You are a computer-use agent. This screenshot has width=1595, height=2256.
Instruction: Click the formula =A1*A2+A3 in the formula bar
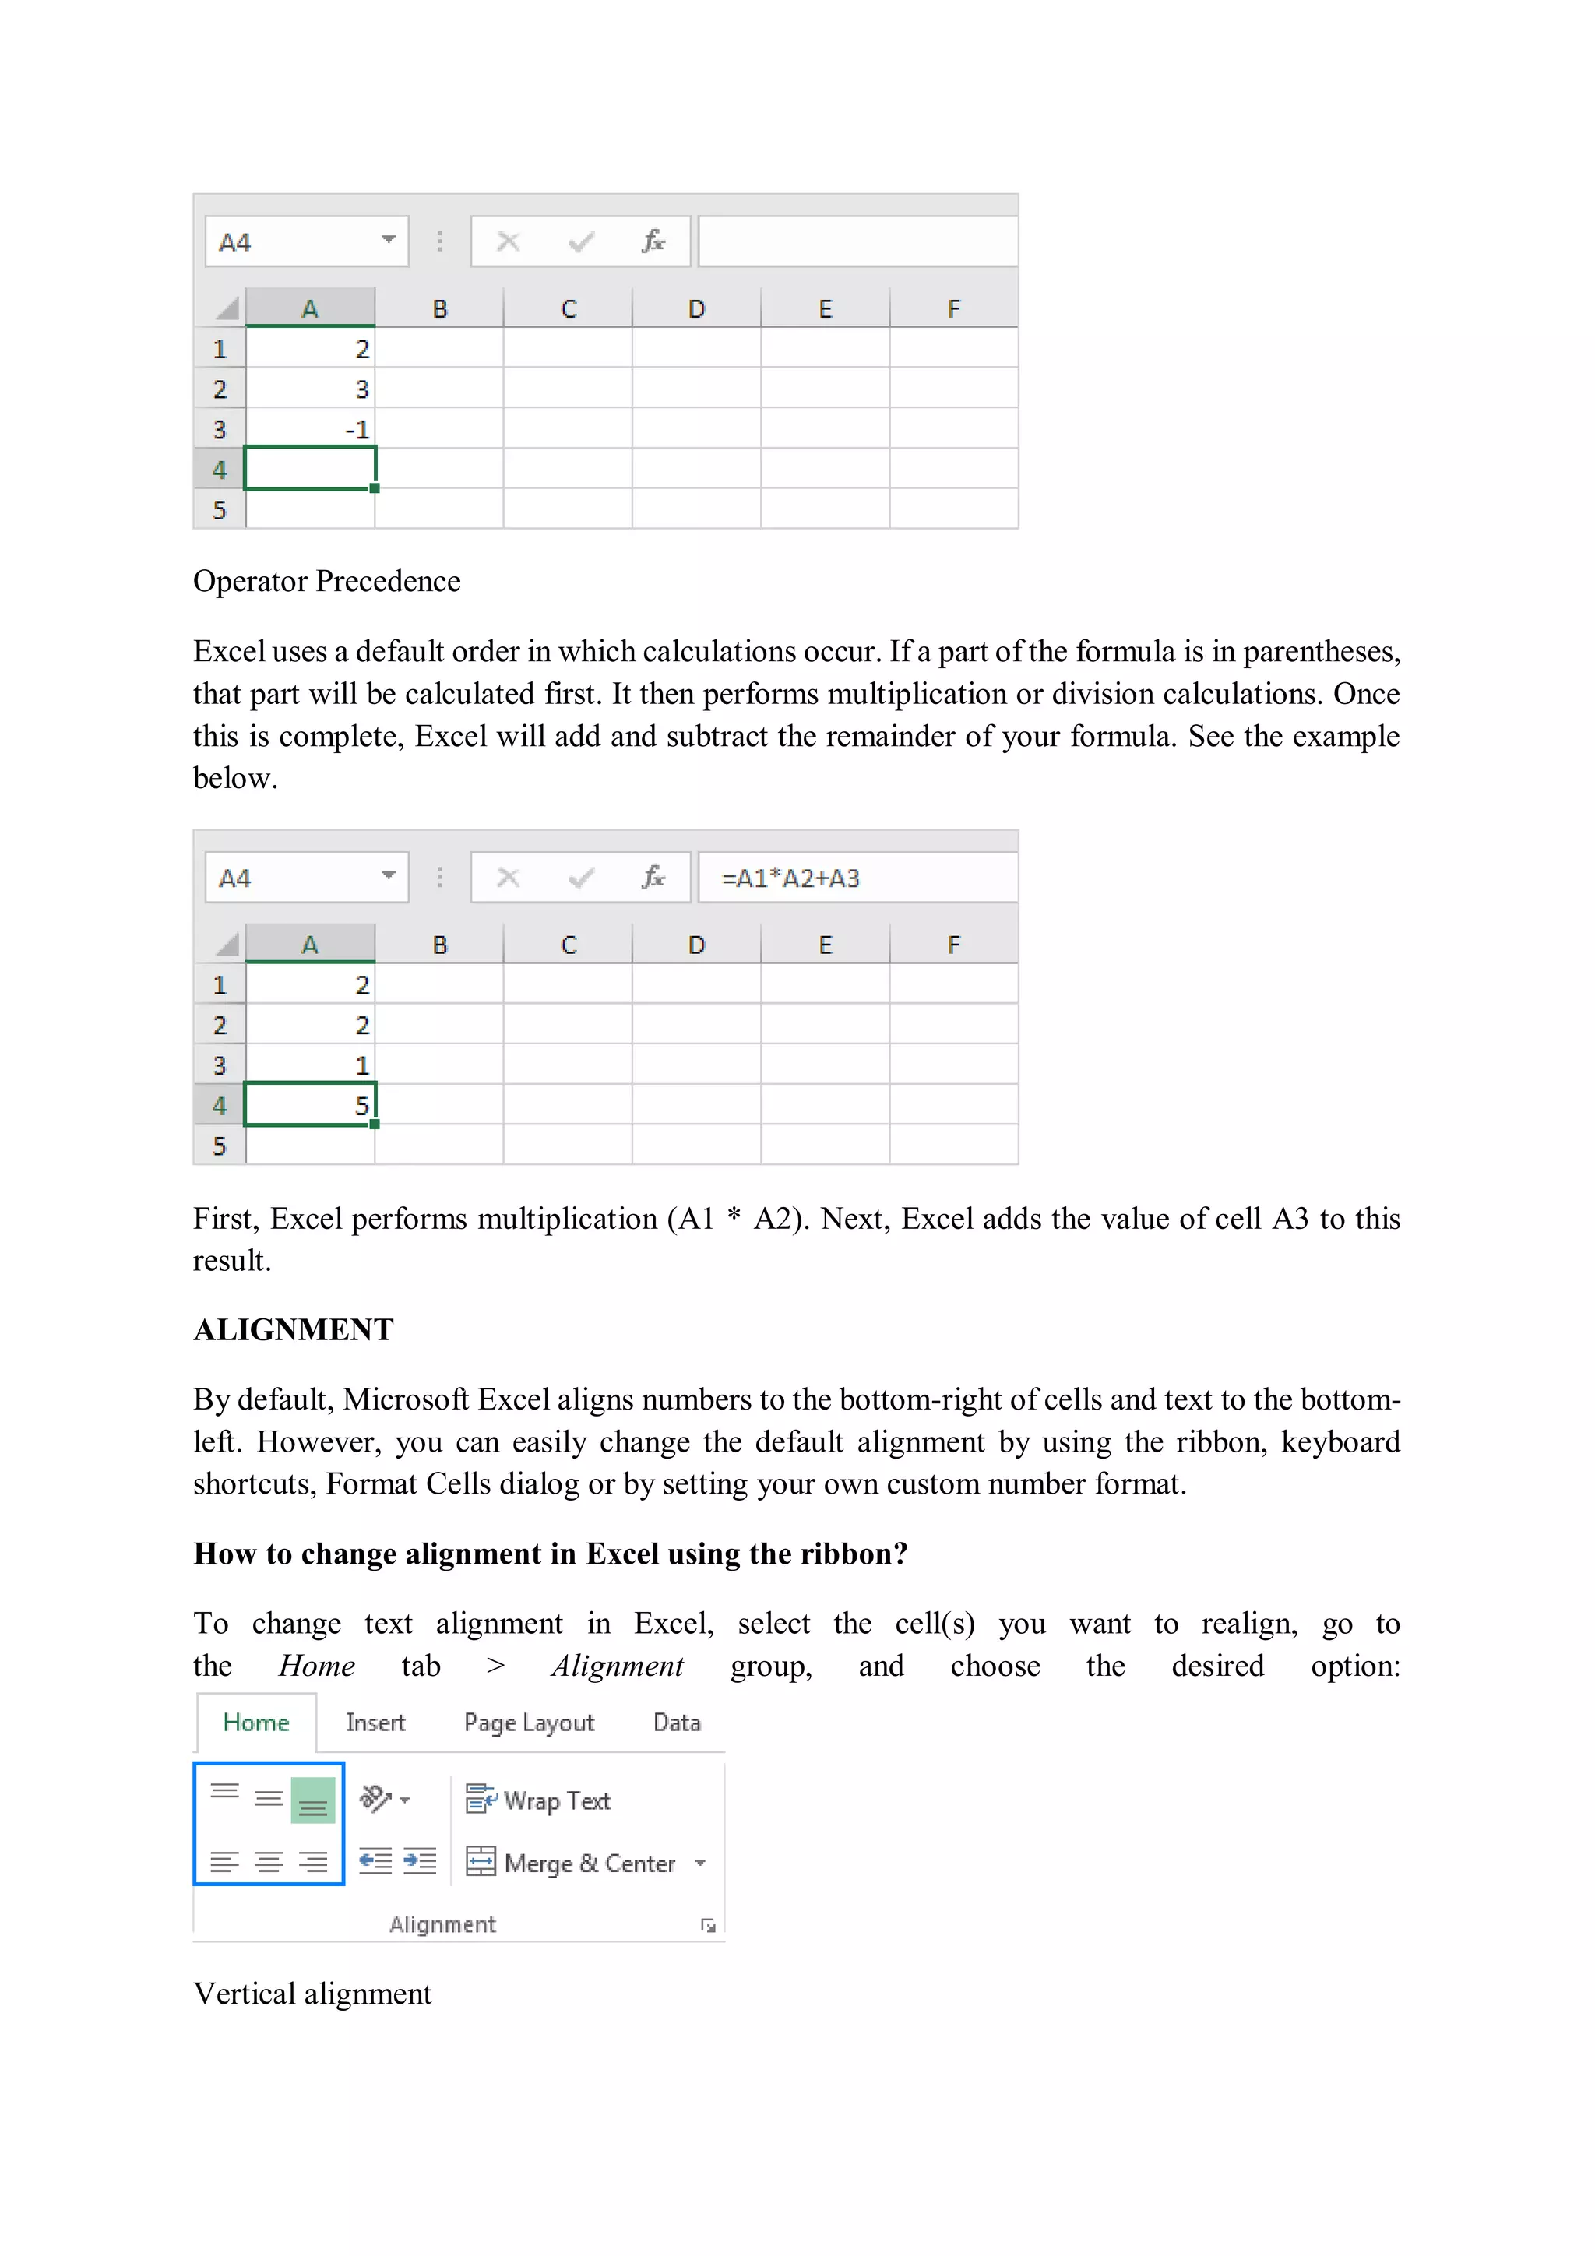click(790, 878)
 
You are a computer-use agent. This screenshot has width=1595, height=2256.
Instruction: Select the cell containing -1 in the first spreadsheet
click(311, 429)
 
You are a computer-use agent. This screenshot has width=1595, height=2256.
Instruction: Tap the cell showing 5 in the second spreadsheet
click(311, 1104)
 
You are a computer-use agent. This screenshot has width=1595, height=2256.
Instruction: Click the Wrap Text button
click(538, 1800)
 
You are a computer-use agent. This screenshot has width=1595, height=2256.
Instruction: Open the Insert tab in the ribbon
click(375, 1723)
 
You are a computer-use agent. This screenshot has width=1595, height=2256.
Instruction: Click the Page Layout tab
click(529, 1723)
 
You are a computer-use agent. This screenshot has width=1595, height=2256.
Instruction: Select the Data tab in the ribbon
click(676, 1723)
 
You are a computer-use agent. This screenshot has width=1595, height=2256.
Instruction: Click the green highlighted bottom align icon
click(312, 1800)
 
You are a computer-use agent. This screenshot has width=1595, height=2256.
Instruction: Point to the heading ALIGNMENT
click(293, 1329)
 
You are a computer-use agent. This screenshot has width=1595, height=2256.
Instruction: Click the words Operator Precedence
click(326, 581)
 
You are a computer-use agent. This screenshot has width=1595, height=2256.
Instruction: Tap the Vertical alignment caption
click(312, 1994)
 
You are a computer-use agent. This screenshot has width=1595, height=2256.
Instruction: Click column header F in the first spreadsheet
click(953, 308)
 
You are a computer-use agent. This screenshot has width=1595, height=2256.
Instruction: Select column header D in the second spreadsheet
click(695, 945)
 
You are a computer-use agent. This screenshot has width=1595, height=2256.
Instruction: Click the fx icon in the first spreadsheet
click(653, 241)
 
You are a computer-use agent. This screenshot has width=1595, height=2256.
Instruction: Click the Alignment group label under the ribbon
click(442, 1924)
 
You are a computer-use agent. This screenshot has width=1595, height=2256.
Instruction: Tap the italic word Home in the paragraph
click(316, 1666)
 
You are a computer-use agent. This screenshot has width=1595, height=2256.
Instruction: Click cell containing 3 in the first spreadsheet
click(311, 389)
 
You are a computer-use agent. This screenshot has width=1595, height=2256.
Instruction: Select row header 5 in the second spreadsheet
click(219, 1145)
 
